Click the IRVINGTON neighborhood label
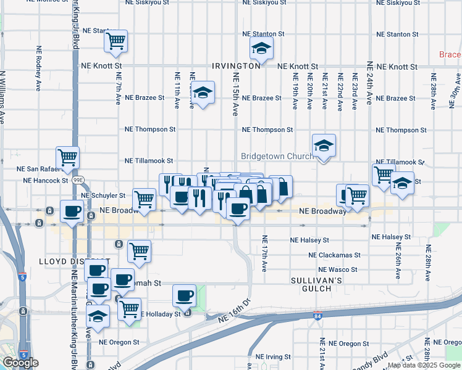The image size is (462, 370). coord(236,65)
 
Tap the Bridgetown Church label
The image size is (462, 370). coord(275,157)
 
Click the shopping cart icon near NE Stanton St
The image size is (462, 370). coord(116,41)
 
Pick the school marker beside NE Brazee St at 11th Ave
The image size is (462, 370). coord(202,93)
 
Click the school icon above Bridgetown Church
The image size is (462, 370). coord(324,146)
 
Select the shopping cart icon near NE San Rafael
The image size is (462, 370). coord(68,158)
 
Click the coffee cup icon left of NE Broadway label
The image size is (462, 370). coord(72,212)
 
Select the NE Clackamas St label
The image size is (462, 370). coord(334,255)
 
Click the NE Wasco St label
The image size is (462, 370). coord(337,270)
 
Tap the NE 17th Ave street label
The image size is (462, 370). coord(264,253)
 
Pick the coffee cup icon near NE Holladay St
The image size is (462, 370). coord(184,295)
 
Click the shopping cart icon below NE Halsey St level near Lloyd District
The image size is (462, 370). coord(139,252)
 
